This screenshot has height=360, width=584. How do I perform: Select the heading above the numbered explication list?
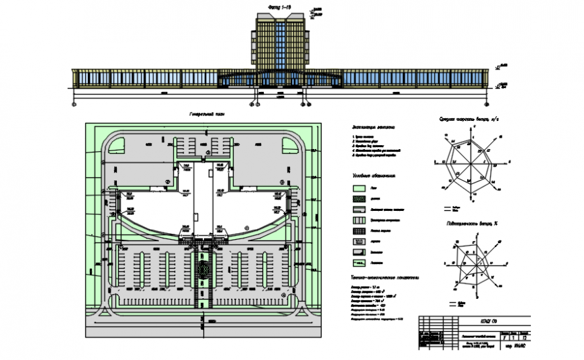(373, 127)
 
